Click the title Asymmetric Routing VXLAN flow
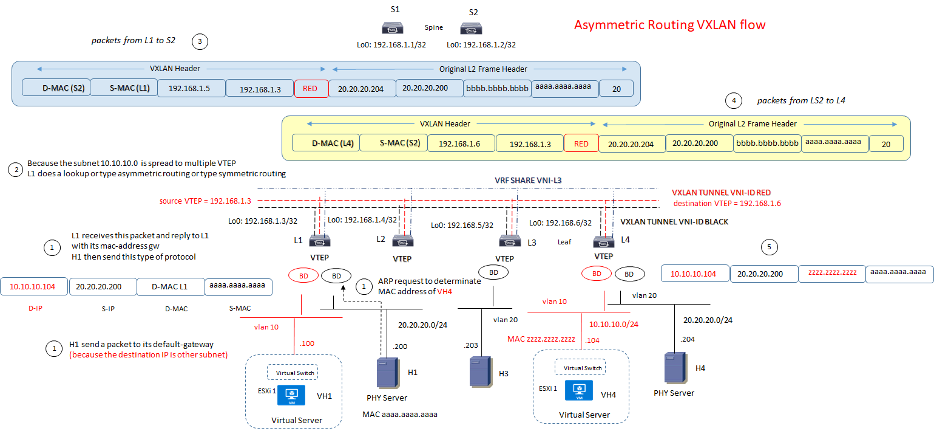(x=669, y=25)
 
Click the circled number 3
(x=200, y=42)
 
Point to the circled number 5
(x=770, y=247)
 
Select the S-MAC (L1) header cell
(x=124, y=88)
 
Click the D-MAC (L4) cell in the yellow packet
(x=326, y=143)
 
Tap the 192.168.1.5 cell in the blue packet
(x=192, y=88)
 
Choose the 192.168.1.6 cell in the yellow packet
(x=461, y=143)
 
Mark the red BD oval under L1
(x=303, y=275)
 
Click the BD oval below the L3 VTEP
(x=493, y=272)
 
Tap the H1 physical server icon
(x=385, y=373)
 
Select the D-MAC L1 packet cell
(x=171, y=286)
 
